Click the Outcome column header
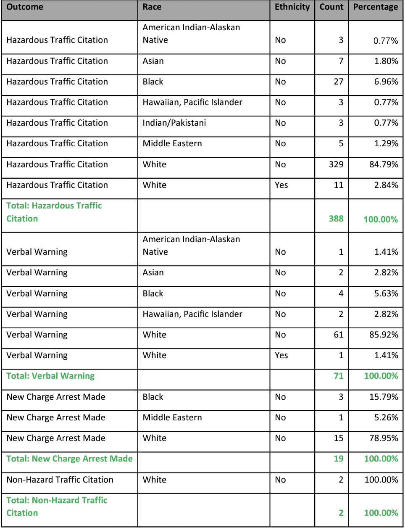[x=25, y=7]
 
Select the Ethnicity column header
[x=292, y=7]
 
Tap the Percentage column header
[x=375, y=7]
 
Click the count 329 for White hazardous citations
[x=336, y=164]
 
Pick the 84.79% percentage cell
[x=384, y=164]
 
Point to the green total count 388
[x=336, y=219]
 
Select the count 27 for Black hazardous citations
[x=339, y=82]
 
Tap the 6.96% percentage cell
[x=386, y=82]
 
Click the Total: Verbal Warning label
[x=50, y=376]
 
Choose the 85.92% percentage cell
[x=384, y=335]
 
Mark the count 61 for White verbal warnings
[x=339, y=335]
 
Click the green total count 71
[x=339, y=376]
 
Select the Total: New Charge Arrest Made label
[x=69, y=459]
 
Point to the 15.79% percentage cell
[x=384, y=397]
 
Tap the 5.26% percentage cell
[x=386, y=417]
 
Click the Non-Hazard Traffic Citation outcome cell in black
[x=60, y=480]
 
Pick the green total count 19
[x=339, y=459]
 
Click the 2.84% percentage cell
[x=386, y=185]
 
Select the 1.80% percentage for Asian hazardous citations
[x=386, y=61]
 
